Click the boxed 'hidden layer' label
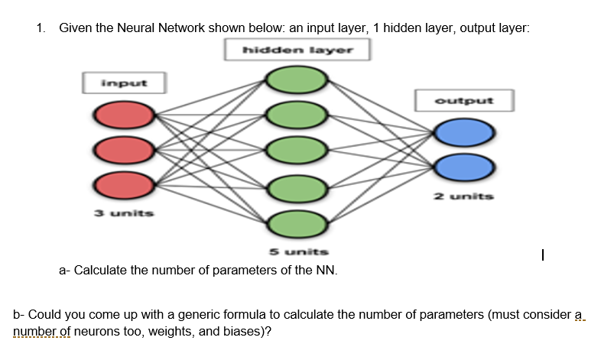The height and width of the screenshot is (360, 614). pos(297,50)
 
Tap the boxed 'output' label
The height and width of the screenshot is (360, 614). pos(464,100)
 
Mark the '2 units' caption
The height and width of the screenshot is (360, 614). pos(464,196)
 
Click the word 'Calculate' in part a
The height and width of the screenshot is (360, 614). pos(102,270)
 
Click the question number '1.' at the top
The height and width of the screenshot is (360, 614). pos(41,28)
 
